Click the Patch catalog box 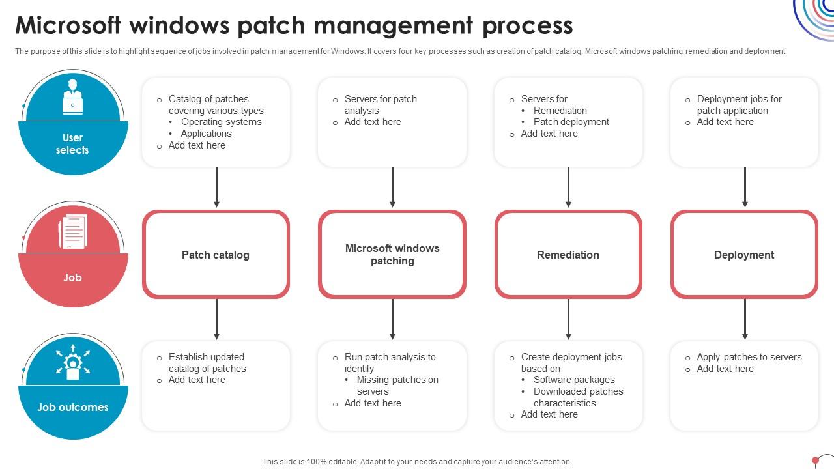pos(216,255)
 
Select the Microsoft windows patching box pos(392,255)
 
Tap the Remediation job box pos(568,255)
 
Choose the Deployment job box pos(744,255)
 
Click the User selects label pos(72,144)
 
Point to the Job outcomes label pos(72,407)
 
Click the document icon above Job pos(72,232)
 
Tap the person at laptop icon pos(72,98)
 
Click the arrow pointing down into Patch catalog pos(216,188)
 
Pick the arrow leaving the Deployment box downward pos(745,319)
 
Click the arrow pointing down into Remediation pos(568,188)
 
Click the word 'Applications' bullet pos(206,134)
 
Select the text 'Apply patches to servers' pos(749,357)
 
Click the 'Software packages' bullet pos(574,380)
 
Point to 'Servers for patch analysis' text pos(381,104)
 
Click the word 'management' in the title pos(393,25)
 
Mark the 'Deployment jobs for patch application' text pos(739,104)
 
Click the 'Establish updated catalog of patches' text pos(207,363)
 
